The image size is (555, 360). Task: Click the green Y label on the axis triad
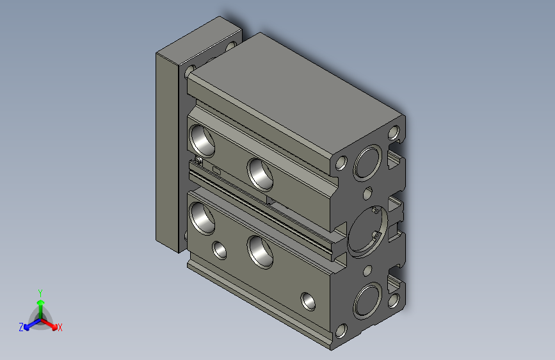[40, 291]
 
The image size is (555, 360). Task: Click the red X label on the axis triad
[60, 327]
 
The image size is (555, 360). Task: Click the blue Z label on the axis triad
[21, 327]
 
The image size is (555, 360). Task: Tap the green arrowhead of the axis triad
[40, 300]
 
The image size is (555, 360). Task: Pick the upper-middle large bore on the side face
[261, 173]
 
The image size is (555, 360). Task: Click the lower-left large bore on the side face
[202, 217]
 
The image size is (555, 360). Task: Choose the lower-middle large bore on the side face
[261, 251]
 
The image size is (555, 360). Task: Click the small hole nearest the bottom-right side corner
[308, 300]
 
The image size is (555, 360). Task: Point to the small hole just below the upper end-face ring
[368, 192]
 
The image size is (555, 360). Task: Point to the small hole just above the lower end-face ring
[368, 269]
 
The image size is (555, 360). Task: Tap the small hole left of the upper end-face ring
[341, 163]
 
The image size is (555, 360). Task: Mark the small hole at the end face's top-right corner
[394, 133]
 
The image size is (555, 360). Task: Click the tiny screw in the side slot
[199, 161]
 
